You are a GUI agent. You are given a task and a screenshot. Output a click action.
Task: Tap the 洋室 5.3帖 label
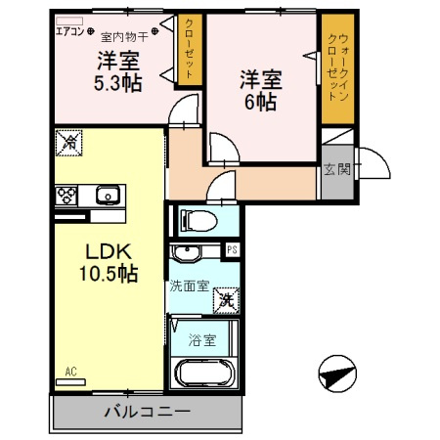tap(118, 70)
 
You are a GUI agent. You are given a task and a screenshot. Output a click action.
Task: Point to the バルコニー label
tap(147, 411)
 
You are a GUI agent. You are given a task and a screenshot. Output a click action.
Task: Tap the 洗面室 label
tap(189, 287)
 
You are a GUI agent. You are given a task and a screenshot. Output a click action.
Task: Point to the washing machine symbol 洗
tap(226, 299)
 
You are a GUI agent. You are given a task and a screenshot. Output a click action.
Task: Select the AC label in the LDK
tap(70, 372)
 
